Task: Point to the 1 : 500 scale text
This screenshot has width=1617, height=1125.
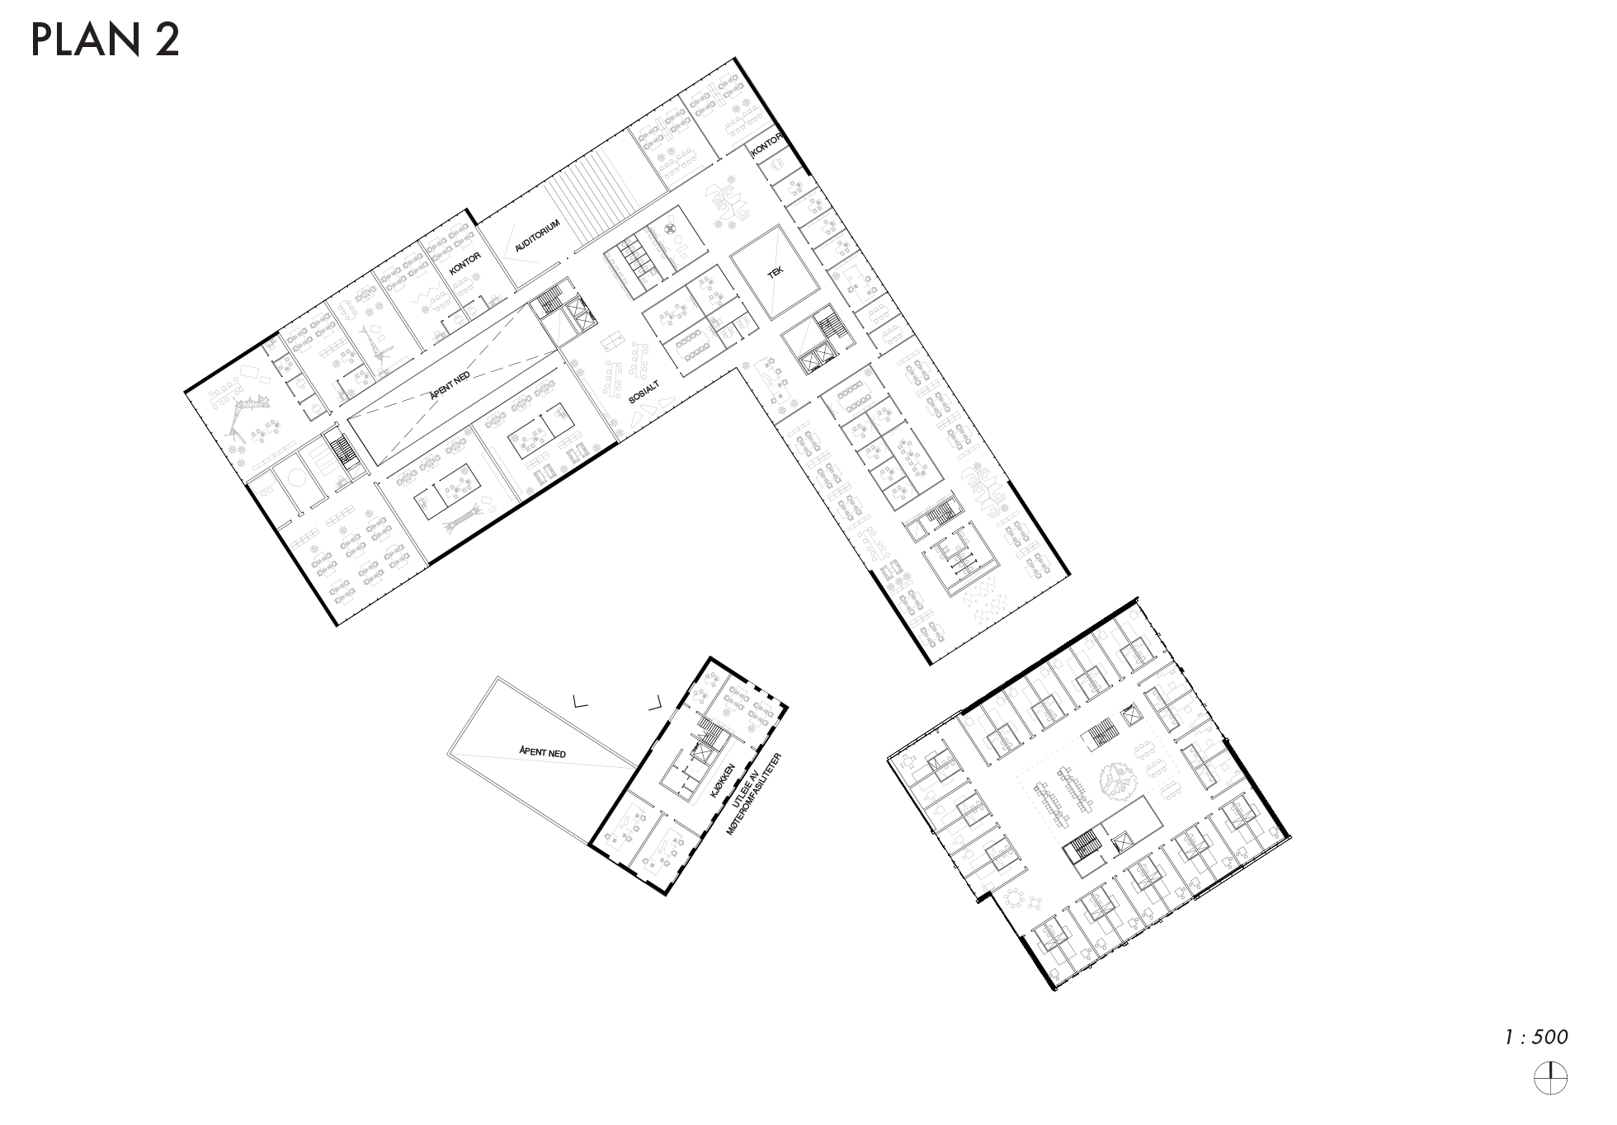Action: tap(1535, 1037)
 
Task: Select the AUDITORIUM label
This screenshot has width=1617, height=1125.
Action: tap(537, 235)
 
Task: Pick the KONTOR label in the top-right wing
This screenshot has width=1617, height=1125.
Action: tap(766, 145)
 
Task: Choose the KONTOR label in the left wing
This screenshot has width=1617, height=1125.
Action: tap(464, 264)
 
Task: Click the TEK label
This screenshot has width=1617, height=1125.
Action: tap(775, 273)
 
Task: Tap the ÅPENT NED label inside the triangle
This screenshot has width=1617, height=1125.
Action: tap(542, 752)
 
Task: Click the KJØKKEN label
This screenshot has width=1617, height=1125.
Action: tap(723, 779)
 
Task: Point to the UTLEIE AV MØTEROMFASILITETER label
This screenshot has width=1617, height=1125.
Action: tap(753, 793)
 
